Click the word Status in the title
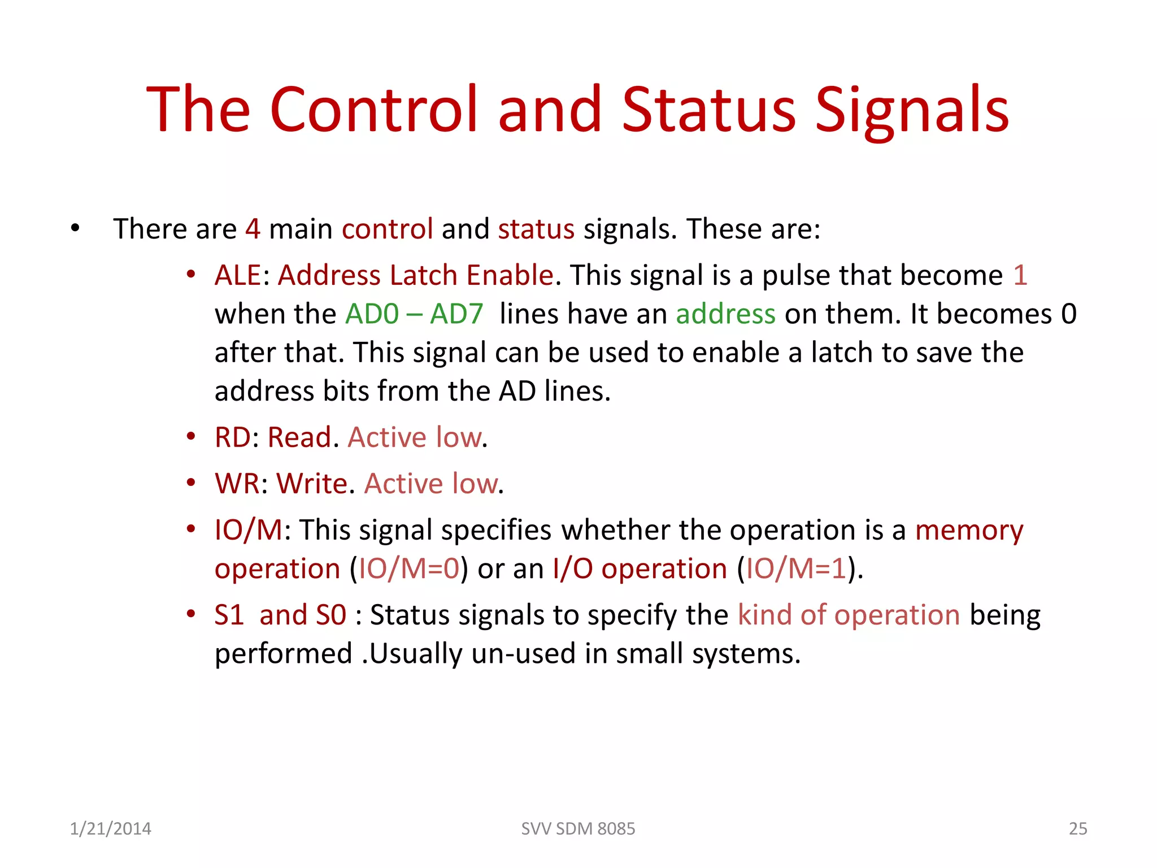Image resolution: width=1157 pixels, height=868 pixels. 708,109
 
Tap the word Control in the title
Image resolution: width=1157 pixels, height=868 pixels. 374,109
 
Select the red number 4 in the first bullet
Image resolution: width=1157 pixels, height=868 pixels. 253,229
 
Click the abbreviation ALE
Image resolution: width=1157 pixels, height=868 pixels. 237,276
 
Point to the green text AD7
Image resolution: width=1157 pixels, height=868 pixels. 456,314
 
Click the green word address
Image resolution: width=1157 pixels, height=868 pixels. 725,314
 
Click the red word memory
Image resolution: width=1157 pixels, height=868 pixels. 968,531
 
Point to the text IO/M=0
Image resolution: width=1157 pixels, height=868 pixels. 409,569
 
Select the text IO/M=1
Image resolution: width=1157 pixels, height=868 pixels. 796,569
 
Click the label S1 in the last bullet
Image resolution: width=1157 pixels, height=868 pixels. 229,615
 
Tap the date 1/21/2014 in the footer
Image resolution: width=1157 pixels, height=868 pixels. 110,828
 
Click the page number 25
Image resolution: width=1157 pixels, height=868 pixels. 1078,828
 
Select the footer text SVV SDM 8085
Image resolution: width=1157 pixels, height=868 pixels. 578,828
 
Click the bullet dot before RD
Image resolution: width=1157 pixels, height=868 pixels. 191,437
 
